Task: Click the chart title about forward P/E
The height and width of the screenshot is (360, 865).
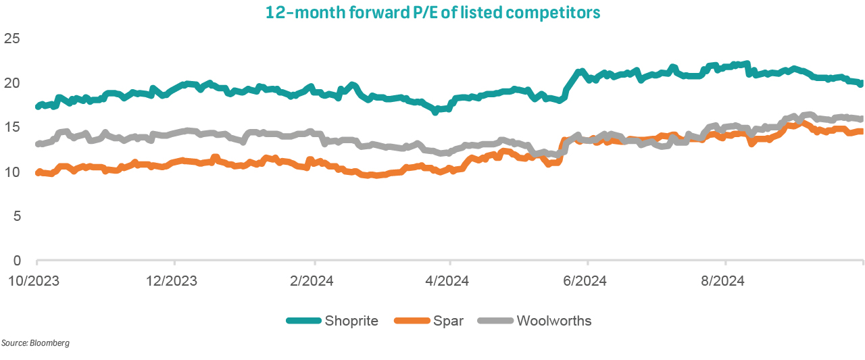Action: [x=432, y=13]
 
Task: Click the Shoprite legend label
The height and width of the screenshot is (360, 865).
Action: [x=351, y=321]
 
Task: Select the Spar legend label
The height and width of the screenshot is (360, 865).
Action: [x=448, y=321]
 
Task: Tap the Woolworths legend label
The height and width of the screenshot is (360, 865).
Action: [x=553, y=321]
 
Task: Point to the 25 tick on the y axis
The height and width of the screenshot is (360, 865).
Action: [x=12, y=38]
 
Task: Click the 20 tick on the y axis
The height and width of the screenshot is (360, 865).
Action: [x=12, y=83]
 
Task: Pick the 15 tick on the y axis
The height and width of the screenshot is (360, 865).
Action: [x=12, y=128]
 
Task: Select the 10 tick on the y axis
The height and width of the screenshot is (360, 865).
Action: [x=12, y=172]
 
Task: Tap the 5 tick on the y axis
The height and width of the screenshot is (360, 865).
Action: [x=16, y=216]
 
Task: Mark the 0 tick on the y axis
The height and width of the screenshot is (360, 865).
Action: [x=16, y=261]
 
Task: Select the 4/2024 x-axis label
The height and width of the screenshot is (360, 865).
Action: [x=448, y=280]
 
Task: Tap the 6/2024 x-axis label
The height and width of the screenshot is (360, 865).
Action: [x=587, y=280]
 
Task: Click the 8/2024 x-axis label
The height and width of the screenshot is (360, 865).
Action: [x=725, y=280]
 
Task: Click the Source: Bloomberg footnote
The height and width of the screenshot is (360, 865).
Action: [x=35, y=344]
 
